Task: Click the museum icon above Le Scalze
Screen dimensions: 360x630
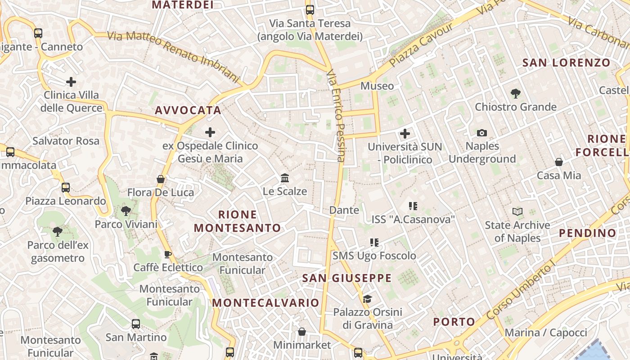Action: [x=285, y=178]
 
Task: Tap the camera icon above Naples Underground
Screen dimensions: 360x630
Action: [x=482, y=133]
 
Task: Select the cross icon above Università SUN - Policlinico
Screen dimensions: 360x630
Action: [x=405, y=133]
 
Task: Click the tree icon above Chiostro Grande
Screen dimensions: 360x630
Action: [x=516, y=94]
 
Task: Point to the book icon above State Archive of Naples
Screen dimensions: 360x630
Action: [x=517, y=211]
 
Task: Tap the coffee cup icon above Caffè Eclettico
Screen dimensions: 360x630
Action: [x=168, y=255]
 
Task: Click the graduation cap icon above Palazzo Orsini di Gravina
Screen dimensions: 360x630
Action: [x=368, y=299]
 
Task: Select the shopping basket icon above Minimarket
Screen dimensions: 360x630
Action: [x=302, y=332]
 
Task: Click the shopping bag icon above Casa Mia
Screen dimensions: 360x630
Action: [x=559, y=162]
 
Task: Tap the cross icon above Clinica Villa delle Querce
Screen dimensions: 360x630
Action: [x=71, y=82]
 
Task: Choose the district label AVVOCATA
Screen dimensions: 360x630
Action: [x=188, y=110]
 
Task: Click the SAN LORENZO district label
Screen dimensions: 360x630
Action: [x=566, y=63]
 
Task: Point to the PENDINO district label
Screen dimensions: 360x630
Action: [x=588, y=233]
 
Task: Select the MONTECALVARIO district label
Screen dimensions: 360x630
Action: [x=265, y=303]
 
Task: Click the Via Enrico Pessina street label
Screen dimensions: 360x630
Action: [x=336, y=116]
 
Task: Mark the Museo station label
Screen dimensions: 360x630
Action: [x=377, y=86]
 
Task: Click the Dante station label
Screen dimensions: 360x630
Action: [x=344, y=210]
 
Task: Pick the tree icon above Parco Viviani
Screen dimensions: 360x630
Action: [x=126, y=211]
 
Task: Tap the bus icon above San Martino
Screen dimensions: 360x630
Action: [x=136, y=324]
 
